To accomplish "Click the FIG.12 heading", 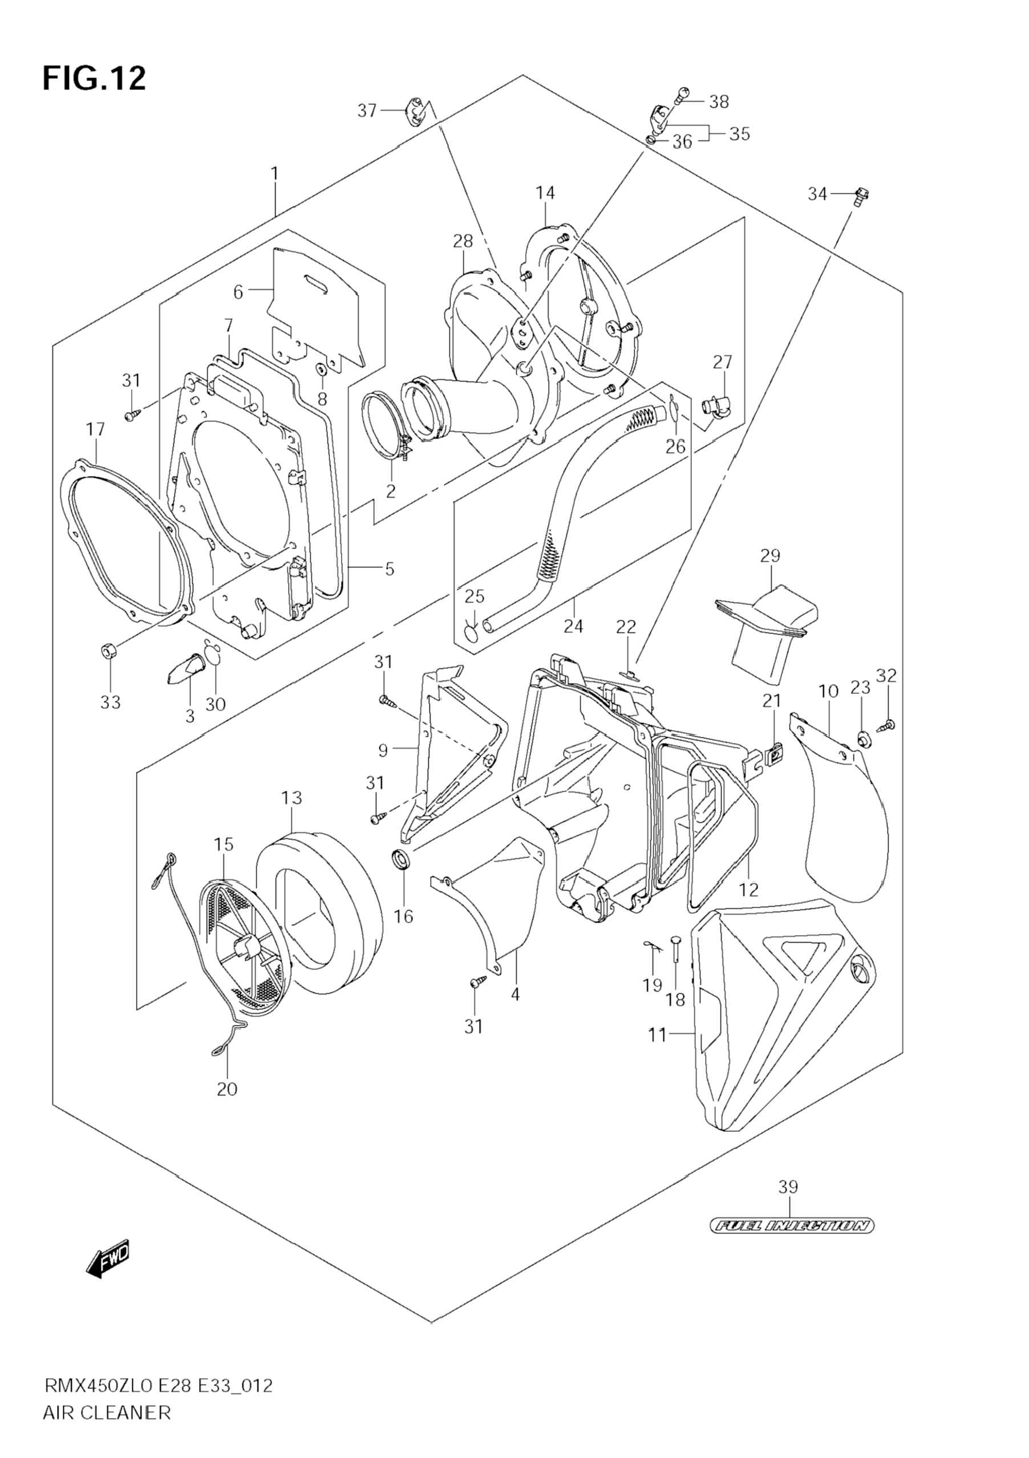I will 94,79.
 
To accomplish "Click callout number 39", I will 788,1187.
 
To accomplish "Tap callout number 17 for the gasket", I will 95,429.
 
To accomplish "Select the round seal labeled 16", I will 402,861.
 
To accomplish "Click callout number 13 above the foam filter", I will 291,798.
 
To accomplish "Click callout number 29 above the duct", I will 770,555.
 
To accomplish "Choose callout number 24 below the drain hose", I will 573,626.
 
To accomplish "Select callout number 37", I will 367,111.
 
